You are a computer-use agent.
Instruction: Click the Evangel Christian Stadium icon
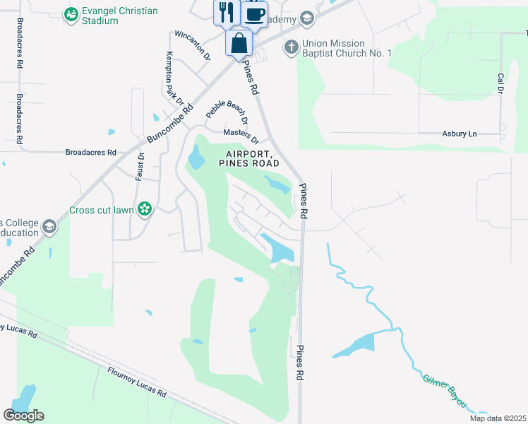pyautogui.click(x=71, y=13)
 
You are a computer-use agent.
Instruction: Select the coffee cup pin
pyautogui.click(x=254, y=14)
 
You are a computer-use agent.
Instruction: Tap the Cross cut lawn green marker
pyautogui.click(x=144, y=208)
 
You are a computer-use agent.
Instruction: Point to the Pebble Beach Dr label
pyautogui.click(x=227, y=108)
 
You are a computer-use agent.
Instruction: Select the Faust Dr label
pyautogui.click(x=140, y=167)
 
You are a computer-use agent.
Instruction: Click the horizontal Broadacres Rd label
pyautogui.click(x=90, y=152)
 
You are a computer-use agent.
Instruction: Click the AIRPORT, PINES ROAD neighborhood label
pyautogui.click(x=249, y=158)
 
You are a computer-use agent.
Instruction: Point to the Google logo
pyautogui.click(x=23, y=416)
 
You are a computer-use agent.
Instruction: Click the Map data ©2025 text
pyautogui.click(x=498, y=418)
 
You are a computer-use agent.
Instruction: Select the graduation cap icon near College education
pyautogui.click(x=49, y=227)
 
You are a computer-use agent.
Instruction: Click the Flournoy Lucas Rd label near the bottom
pyautogui.click(x=137, y=382)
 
